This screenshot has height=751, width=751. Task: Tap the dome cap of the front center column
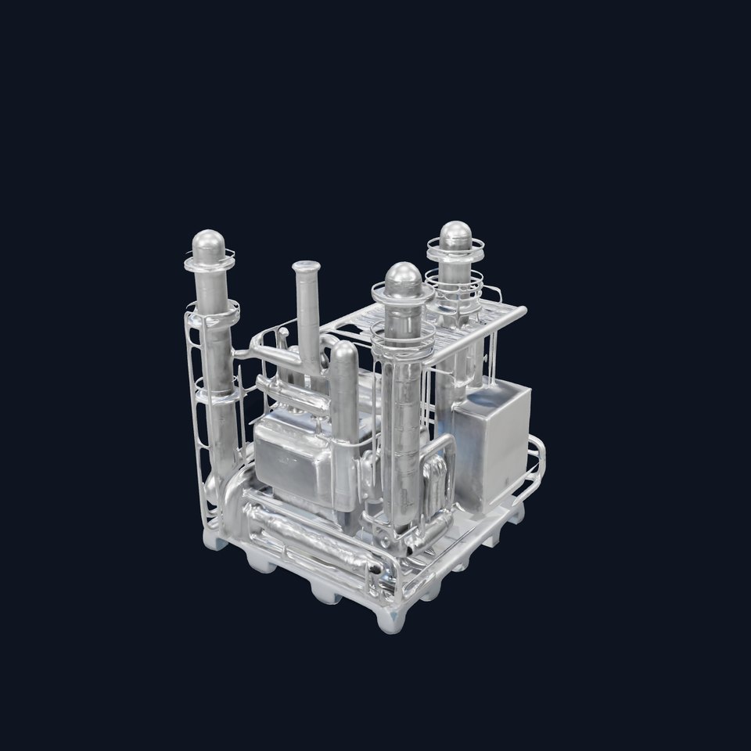403,278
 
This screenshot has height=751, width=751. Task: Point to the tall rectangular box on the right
492,442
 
